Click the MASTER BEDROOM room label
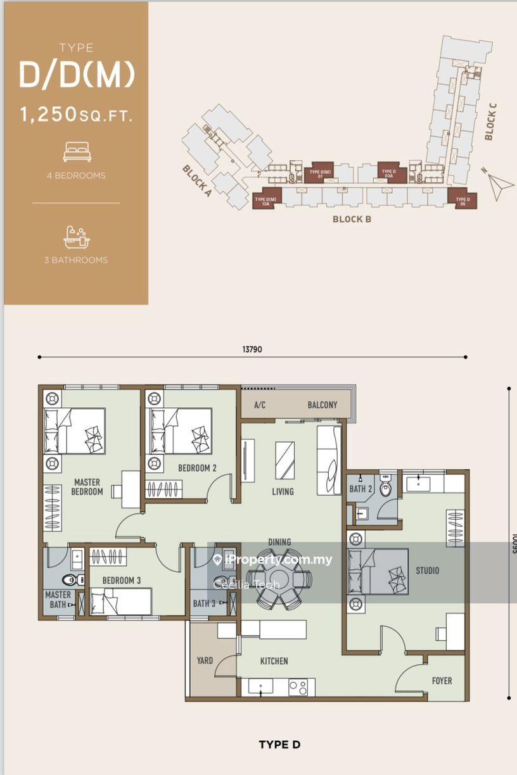[x=87, y=486]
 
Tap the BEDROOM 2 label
[x=197, y=468]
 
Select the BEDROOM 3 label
[x=122, y=580]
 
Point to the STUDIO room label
[x=427, y=570]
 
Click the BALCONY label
[x=322, y=405]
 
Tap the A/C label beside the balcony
[x=259, y=405]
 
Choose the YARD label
[x=205, y=660]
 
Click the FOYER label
[x=442, y=681]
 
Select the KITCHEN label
[x=274, y=661]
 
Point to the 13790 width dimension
[x=252, y=349]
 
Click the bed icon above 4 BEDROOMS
[x=77, y=152]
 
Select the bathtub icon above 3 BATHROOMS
[x=77, y=237]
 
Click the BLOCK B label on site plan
[x=352, y=219]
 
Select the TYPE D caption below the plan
[x=279, y=745]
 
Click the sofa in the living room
[x=329, y=460]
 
